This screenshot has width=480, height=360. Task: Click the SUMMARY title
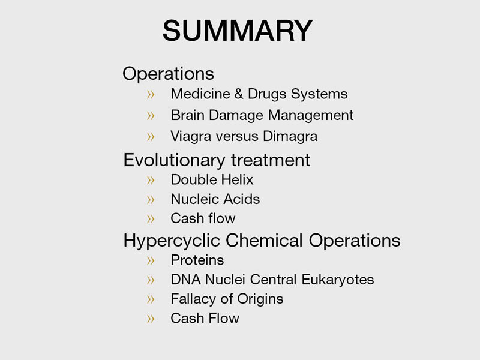tap(238, 31)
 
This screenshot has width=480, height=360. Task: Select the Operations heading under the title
tap(168, 74)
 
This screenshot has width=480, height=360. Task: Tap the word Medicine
tap(200, 94)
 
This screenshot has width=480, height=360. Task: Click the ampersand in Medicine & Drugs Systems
tap(238, 94)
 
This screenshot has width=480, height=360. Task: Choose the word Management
tap(311, 116)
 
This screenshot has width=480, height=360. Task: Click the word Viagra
tap(191, 137)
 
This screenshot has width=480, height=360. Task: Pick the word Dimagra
tap(290, 137)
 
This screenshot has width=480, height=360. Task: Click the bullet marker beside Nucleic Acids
tap(151, 200)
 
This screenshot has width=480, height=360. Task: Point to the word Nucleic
tap(194, 199)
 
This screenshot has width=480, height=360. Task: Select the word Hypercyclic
tap(172, 241)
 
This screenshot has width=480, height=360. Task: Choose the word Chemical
tap(264, 241)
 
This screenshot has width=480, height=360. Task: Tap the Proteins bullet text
tap(197, 260)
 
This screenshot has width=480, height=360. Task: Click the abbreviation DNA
tap(186, 280)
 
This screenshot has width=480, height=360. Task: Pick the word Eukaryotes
tap(338, 280)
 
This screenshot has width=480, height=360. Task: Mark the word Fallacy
tap(193, 299)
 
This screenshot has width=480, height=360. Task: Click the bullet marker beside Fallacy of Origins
tap(151, 299)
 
